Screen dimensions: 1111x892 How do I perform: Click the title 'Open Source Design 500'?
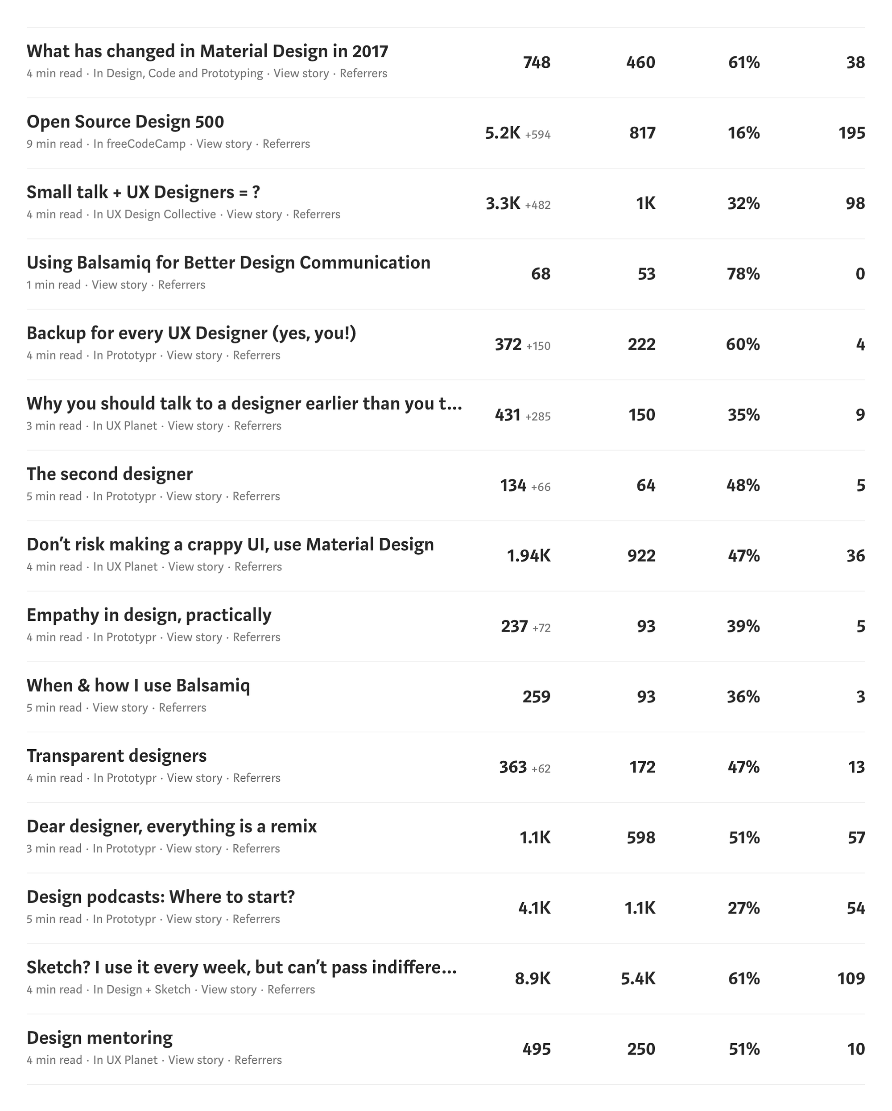coord(125,122)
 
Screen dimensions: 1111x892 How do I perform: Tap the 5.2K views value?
coord(503,133)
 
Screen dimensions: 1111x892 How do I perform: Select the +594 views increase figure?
coord(537,135)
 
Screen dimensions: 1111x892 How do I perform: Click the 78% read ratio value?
coord(743,274)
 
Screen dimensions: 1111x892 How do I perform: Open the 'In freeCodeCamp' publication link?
coord(139,144)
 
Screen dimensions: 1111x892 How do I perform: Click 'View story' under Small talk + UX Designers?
coord(254,215)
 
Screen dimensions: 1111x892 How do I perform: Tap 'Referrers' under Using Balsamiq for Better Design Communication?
coord(182,285)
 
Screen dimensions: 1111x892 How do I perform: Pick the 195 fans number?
coord(851,133)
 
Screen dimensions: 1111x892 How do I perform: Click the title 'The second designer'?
coord(110,474)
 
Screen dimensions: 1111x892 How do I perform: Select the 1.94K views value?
coord(529,556)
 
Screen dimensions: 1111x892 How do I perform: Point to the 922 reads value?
coord(641,556)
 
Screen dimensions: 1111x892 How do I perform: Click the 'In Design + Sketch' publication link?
coord(142,989)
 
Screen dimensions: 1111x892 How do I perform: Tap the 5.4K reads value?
coord(638,978)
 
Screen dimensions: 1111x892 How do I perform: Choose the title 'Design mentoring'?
coord(99,1038)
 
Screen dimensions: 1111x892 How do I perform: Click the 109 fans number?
coord(851,978)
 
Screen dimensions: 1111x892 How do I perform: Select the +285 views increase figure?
coord(537,417)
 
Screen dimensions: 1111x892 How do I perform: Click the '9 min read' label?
coord(54,144)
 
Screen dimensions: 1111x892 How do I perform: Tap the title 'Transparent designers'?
coord(116,756)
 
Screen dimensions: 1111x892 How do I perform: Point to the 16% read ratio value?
coord(743,133)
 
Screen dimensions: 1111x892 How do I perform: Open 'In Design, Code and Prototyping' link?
coord(178,74)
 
